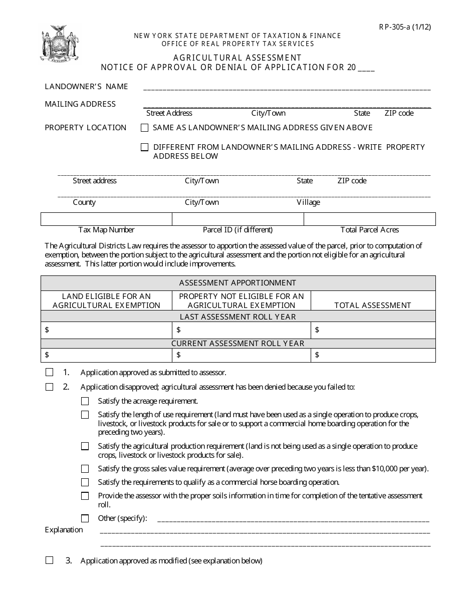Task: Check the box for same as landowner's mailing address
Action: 145,128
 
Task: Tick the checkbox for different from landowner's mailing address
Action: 145,147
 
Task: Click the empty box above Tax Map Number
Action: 106,219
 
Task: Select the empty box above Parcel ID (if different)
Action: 238,219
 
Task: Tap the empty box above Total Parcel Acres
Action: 370,219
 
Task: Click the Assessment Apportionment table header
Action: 238,283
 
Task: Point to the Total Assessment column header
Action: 373,305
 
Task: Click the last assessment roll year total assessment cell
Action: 373,330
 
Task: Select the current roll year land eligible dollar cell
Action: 106,355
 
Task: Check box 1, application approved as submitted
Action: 49,373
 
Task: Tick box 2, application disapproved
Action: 49,387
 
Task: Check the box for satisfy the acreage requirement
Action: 85,401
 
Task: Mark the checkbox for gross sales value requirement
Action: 85,469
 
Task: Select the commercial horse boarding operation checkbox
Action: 85,482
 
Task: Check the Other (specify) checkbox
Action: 85,518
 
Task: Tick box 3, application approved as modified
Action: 49,560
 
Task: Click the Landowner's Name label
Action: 87,87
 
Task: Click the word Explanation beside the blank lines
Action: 64,530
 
